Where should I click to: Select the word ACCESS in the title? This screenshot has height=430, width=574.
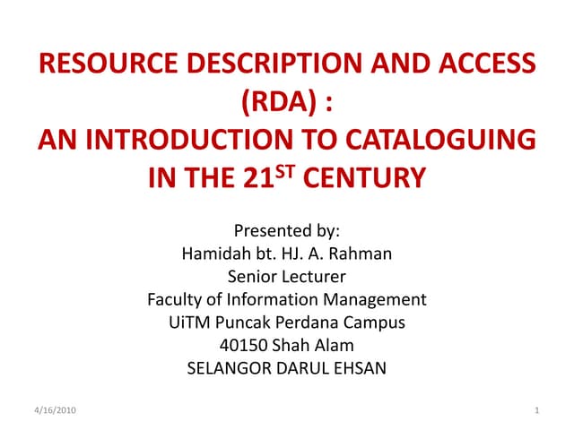pyautogui.click(x=478, y=65)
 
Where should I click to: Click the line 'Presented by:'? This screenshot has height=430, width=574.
pyautogui.click(x=287, y=230)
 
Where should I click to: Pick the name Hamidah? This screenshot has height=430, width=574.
pyautogui.click(x=214, y=254)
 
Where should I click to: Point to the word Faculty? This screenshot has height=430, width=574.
pyautogui.click(x=176, y=298)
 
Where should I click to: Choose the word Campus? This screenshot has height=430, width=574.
pyautogui.click(x=377, y=322)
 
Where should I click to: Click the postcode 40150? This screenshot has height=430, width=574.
pyautogui.click(x=242, y=344)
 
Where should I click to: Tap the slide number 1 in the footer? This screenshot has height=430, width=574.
pyautogui.click(x=535, y=409)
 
